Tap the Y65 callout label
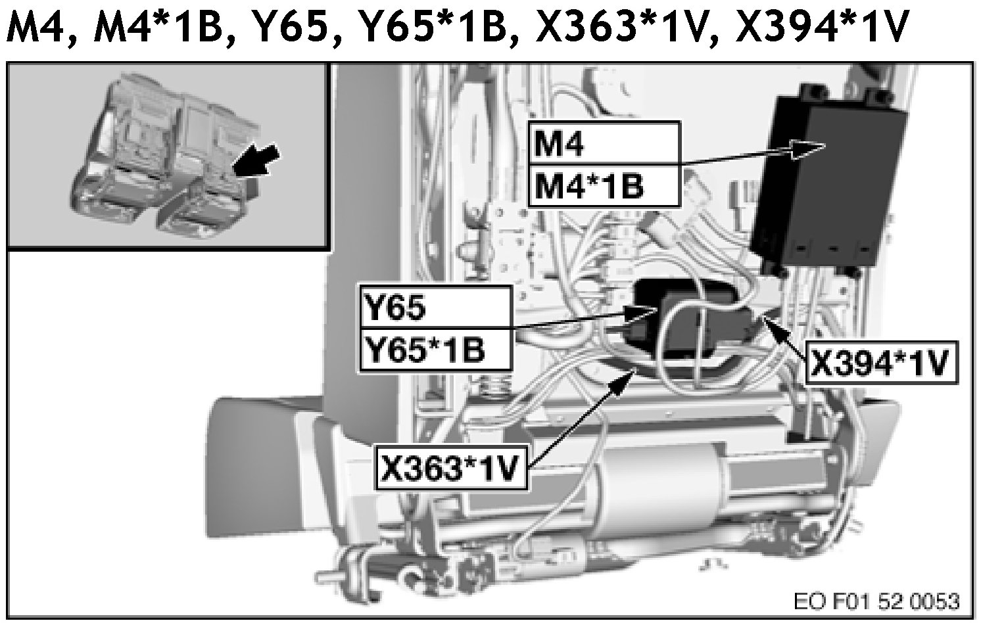434,307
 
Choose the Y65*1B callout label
434,349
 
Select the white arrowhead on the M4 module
808,148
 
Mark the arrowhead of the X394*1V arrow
769,323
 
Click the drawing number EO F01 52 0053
876,601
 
